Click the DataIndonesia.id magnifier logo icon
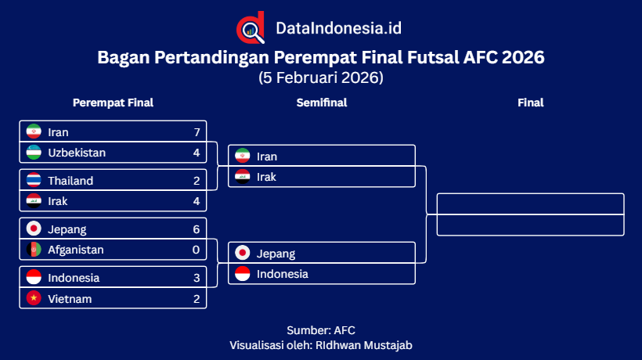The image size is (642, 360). [x=251, y=28]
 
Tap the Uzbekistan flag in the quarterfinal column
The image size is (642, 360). [x=34, y=152]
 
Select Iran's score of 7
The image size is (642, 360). [x=197, y=131]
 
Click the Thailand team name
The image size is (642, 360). [x=70, y=180]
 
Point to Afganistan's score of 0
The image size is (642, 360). [x=197, y=250]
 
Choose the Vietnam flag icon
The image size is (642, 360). [x=34, y=298]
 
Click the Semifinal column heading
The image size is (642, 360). [x=321, y=103]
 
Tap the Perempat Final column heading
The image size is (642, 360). [x=113, y=103]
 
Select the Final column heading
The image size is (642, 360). [x=530, y=103]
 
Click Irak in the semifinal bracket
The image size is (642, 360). [x=266, y=177]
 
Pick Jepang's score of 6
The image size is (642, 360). [x=197, y=229]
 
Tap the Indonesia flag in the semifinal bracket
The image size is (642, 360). [x=243, y=274]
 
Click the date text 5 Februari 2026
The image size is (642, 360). [x=321, y=77]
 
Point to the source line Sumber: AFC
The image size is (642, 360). [x=321, y=330]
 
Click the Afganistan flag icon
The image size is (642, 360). [x=34, y=250]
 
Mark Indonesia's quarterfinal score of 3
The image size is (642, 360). [x=197, y=278]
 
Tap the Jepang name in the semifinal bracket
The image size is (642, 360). [x=276, y=254]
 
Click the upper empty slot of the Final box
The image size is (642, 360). [x=530, y=203]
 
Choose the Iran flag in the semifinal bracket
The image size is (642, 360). [x=243, y=156]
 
